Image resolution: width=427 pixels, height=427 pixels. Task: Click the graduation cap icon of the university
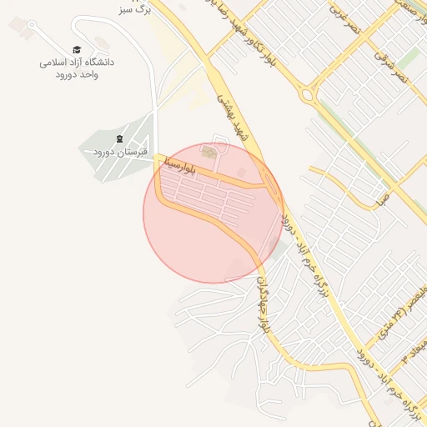[x=77, y=50]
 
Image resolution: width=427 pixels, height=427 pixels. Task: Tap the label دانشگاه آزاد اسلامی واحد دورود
[x=77, y=68]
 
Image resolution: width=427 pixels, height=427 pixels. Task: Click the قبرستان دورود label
[x=119, y=152]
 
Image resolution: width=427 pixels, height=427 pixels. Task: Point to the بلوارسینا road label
[x=183, y=156]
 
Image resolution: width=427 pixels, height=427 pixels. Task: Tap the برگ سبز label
[x=133, y=11]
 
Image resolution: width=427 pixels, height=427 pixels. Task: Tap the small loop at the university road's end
[x=31, y=25]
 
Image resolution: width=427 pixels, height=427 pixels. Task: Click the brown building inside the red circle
[x=208, y=152]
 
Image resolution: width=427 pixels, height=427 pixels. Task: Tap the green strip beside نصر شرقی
[x=408, y=58]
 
